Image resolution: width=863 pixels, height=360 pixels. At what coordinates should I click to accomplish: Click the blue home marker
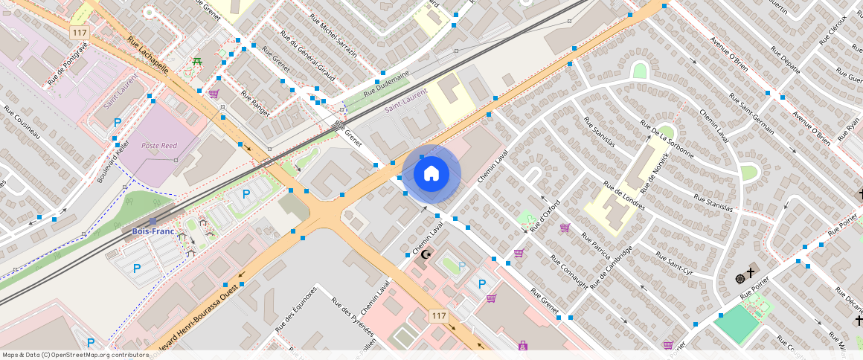[x=431, y=174]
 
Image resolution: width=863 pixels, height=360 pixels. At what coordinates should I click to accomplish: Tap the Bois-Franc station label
[x=153, y=231]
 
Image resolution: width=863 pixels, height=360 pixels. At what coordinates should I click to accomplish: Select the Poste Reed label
[x=159, y=146]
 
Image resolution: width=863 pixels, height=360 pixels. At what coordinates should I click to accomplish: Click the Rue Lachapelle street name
[x=148, y=56]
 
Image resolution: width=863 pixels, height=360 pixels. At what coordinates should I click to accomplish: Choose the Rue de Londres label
[x=623, y=196]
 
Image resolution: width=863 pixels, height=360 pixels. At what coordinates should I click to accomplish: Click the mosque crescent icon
[x=426, y=254]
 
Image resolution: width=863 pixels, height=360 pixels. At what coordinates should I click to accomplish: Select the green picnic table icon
[x=196, y=63]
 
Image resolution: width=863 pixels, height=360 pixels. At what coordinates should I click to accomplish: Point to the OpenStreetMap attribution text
[x=75, y=355]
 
